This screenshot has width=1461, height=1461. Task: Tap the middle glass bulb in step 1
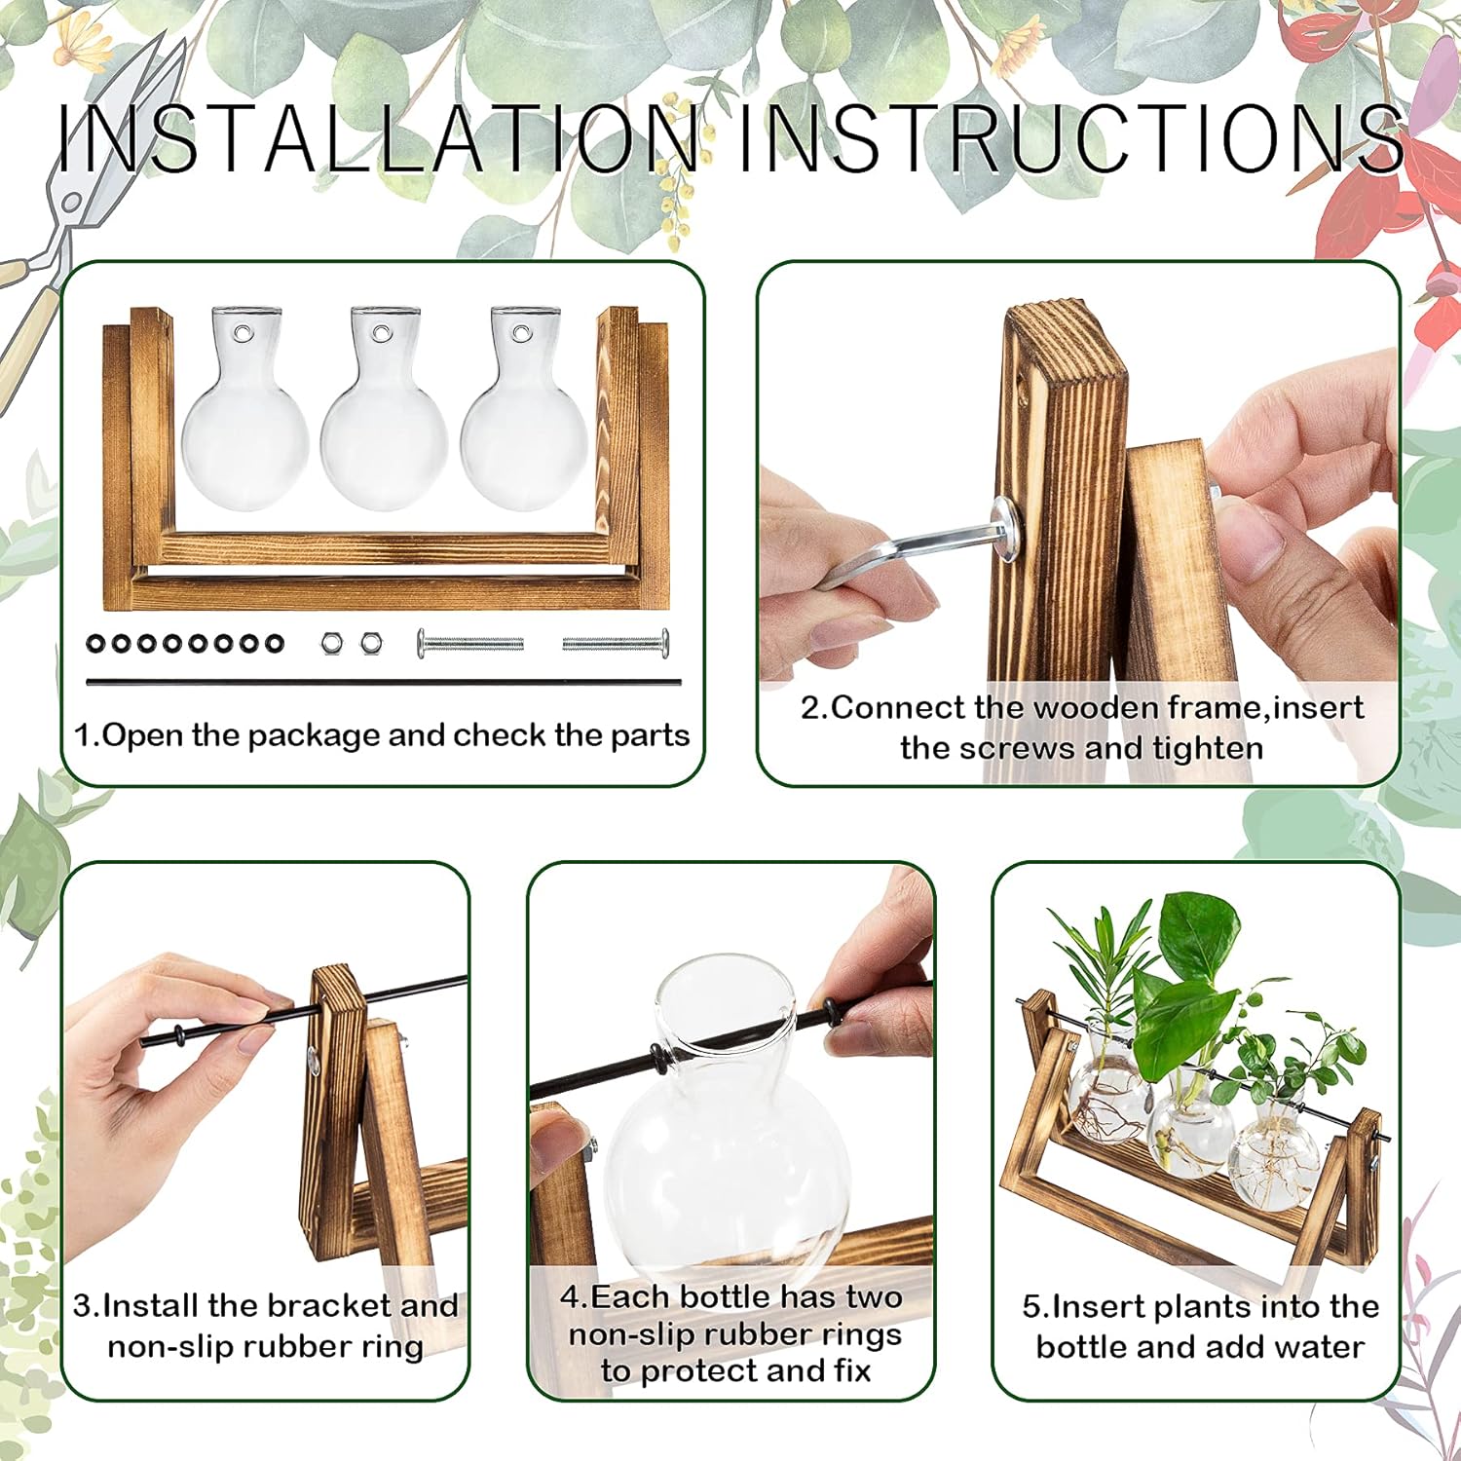click(383, 429)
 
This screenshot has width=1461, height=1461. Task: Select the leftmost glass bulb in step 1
click(243, 429)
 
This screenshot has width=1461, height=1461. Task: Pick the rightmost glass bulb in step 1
click(524, 429)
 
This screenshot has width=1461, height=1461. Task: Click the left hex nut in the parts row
click(331, 643)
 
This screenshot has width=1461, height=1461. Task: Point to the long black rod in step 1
click(384, 682)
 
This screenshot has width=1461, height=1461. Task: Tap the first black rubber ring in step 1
click(96, 643)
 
